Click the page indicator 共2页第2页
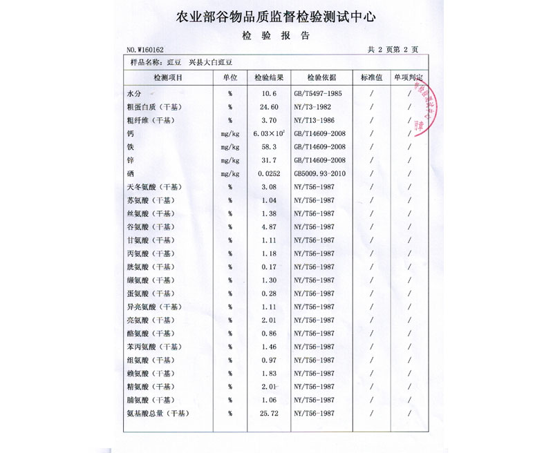tap(393, 50)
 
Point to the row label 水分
tap(134, 93)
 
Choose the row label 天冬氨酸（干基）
tap(152, 187)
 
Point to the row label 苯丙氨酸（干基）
tap(152, 347)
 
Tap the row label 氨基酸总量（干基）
tap(157, 414)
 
